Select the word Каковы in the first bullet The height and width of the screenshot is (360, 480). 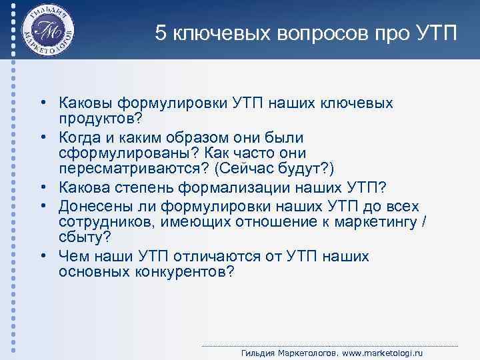coord(87,103)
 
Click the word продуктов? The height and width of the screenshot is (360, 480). coord(101,119)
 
